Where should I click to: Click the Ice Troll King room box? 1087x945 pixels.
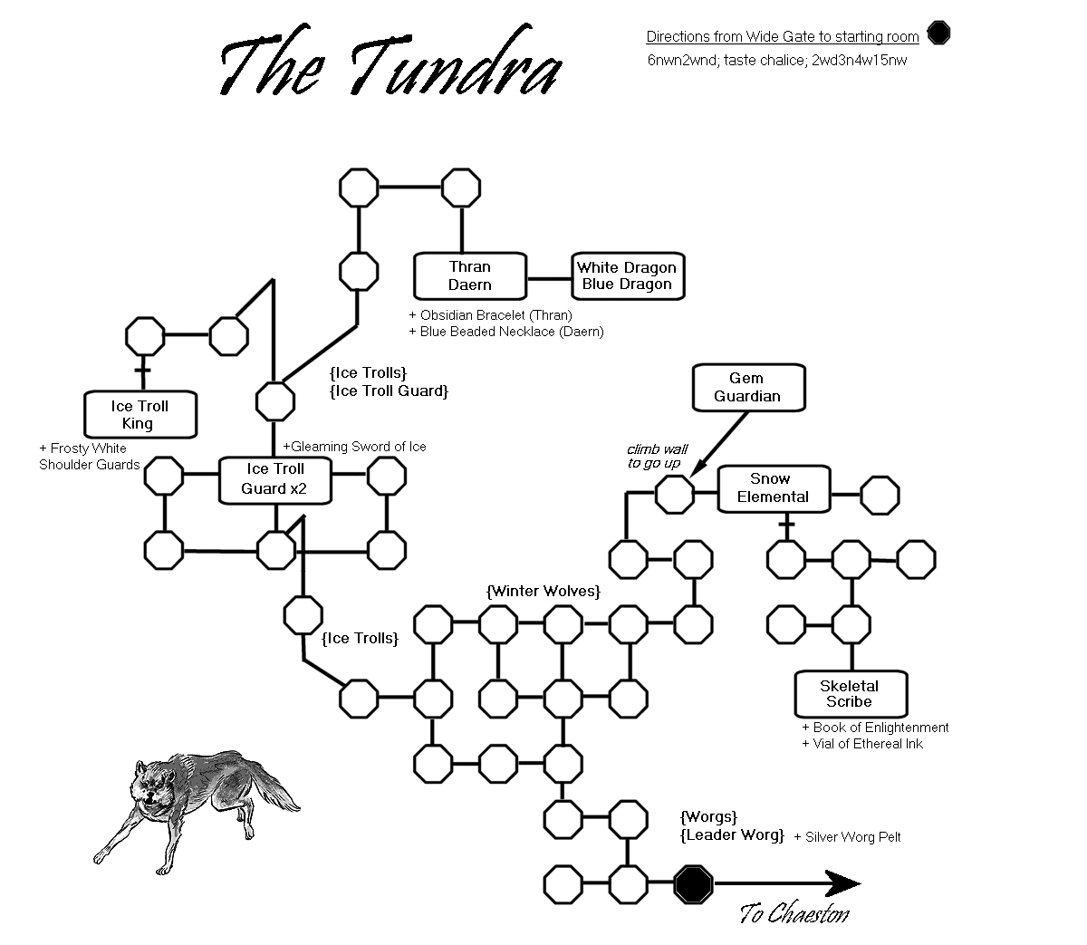pyautogui.click(x=140, y=414)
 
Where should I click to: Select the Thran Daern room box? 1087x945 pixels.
pyautogui.click(x=470, y=275)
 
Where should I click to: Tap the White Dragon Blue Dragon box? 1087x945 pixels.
pyautogui.click(x=628, y=275)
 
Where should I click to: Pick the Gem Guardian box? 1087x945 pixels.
pyautogui.click(x=748, y=387)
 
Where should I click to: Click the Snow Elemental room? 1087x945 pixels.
pyautogui.click(x=774, y=488)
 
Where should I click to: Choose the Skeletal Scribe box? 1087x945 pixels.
pyautogui.click(x=851, y=694)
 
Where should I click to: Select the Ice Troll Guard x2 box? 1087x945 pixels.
pyautogui.click(x=275, y=480)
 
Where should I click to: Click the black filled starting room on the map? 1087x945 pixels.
pyautogui.click(x=693, y=884)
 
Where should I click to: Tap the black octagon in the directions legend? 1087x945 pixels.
pyautogui.click(x=938, y=33)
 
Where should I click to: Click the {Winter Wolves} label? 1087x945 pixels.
pyautogui.click(x=543, y=592)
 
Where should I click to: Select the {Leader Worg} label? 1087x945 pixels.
pyautogui.click(x=732, y=835)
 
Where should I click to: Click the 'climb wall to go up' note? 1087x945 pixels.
pyautogui.click(x=657, y=457)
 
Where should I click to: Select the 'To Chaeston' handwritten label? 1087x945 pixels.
pyautogui.click(x=794, y=913)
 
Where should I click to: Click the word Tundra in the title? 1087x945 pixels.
pyautogui.click(x=457, y=61)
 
